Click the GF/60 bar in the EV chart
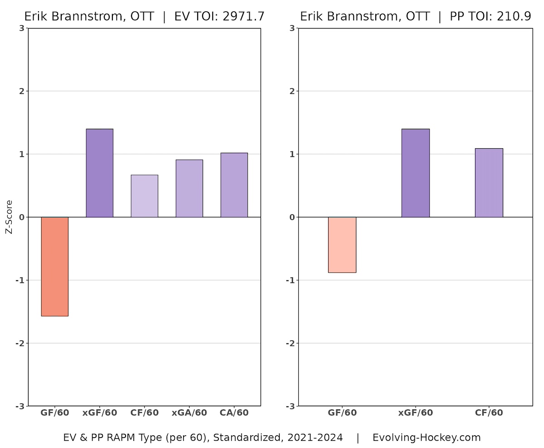click(x=54, y=266)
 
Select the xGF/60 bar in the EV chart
click(x=99, y=173)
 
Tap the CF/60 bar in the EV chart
click(x=144, y=196)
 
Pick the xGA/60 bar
click(x=189, y=188)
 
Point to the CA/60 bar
click(x=234, y=185)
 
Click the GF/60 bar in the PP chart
click(x=342, y=245)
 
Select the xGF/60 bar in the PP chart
click(x=415, y=173)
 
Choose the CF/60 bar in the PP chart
click(x=489, y=183)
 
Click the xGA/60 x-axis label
click(x=189, y=413)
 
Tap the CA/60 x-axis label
click(x=234, y=413)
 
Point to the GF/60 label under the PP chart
click(x=342, y=413)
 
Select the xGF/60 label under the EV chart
click(x=99, y=413)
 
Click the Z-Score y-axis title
click(x=9, y=217)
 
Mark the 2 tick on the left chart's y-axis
click(x=22, y=91)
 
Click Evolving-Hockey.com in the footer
click(x=426, y=438)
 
